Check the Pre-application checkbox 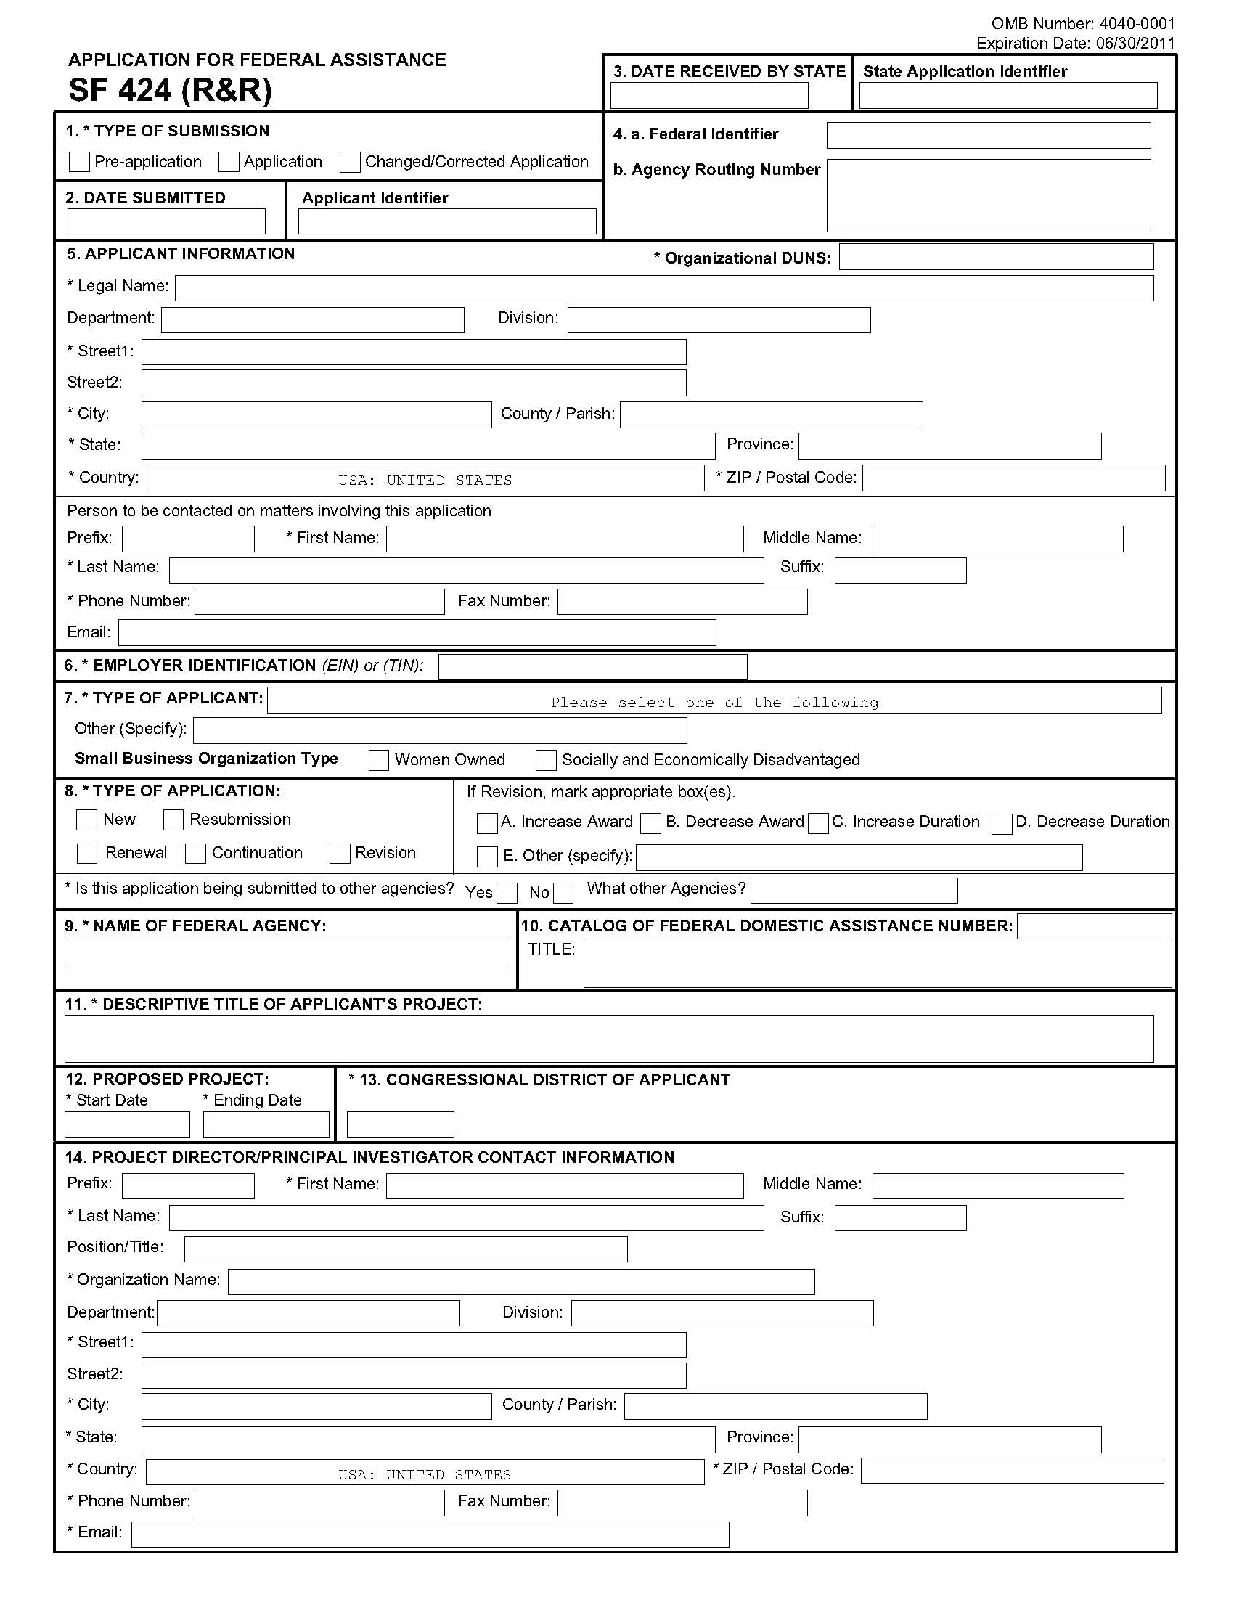pyautogui.click(x=79, y=162)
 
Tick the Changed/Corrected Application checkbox pyautogui.click(x=350, y=162)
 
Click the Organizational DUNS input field pyautogui.click(x=996, y=257)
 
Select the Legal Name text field pyautogui.click(x=663, y=288)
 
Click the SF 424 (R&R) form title pyautogui.click(x=171, y=90)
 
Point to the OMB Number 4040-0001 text pyautogui.click(x=1083, y=24)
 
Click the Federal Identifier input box pyautogui.click(x=989, y=135)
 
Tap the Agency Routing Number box pyautogui.click(x=989, y=195)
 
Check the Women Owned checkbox pyautogui.click(x=379, y=761)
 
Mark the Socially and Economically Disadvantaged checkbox pyautogui.click(x=546, y=761)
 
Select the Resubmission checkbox pyautogui.click(x=173, y=820)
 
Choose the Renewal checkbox pyautogui.click(x=87, y=854)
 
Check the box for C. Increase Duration pyautogui.click(x=819, y=823)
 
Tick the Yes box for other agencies pyautogui.click(x=507, y=893)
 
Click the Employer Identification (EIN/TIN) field pyautogui.click(x=592, y=667)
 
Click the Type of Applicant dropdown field pyautogui.click(x=714, y=700)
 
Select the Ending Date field pyautogui.click(x=266, y=1124)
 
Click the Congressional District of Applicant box pyautogui.click(x=400, y=1124)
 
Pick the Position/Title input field pyautogui.click(x=406, y=1249)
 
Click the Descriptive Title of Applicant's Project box pyautogui.click(x=609, y=1038)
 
